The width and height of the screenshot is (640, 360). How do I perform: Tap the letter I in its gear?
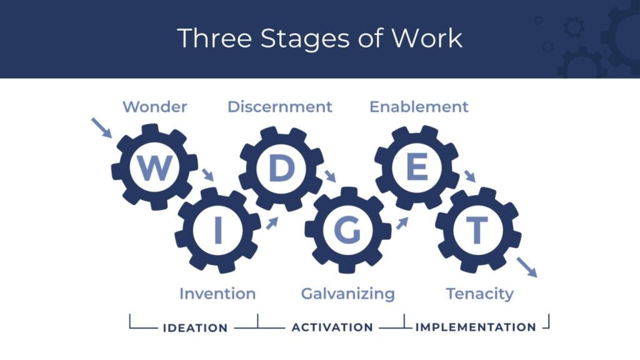tap(218, 231)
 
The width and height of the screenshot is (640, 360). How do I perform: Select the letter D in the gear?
tap(281, 167)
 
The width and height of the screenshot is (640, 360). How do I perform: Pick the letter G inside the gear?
tap(347, 231)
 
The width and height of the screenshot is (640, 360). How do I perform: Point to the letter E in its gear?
tap(417, 167)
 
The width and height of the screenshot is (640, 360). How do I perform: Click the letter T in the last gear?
tap(477, 231)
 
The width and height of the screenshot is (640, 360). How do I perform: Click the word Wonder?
tap(154, 107)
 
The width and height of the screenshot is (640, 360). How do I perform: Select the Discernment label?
tap(279, 107)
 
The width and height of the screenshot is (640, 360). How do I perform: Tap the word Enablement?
tap(419, 107)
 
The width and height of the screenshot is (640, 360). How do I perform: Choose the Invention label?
tap(217, 293)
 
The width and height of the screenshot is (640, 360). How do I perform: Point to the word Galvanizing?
tap(347, 293)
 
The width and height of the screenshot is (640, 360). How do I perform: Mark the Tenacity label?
tap(479, 293)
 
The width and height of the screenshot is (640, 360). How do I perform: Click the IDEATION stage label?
tap(195, 327)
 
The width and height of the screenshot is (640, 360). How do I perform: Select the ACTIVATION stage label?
tap(332, 327)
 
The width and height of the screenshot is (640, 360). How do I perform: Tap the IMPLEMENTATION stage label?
tap(476, 327)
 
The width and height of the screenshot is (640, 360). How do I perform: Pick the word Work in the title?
tap(427, 38)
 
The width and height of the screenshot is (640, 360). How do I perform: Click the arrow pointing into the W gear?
tap(101, 127)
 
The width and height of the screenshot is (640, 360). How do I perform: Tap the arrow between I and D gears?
tap(272, 222)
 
